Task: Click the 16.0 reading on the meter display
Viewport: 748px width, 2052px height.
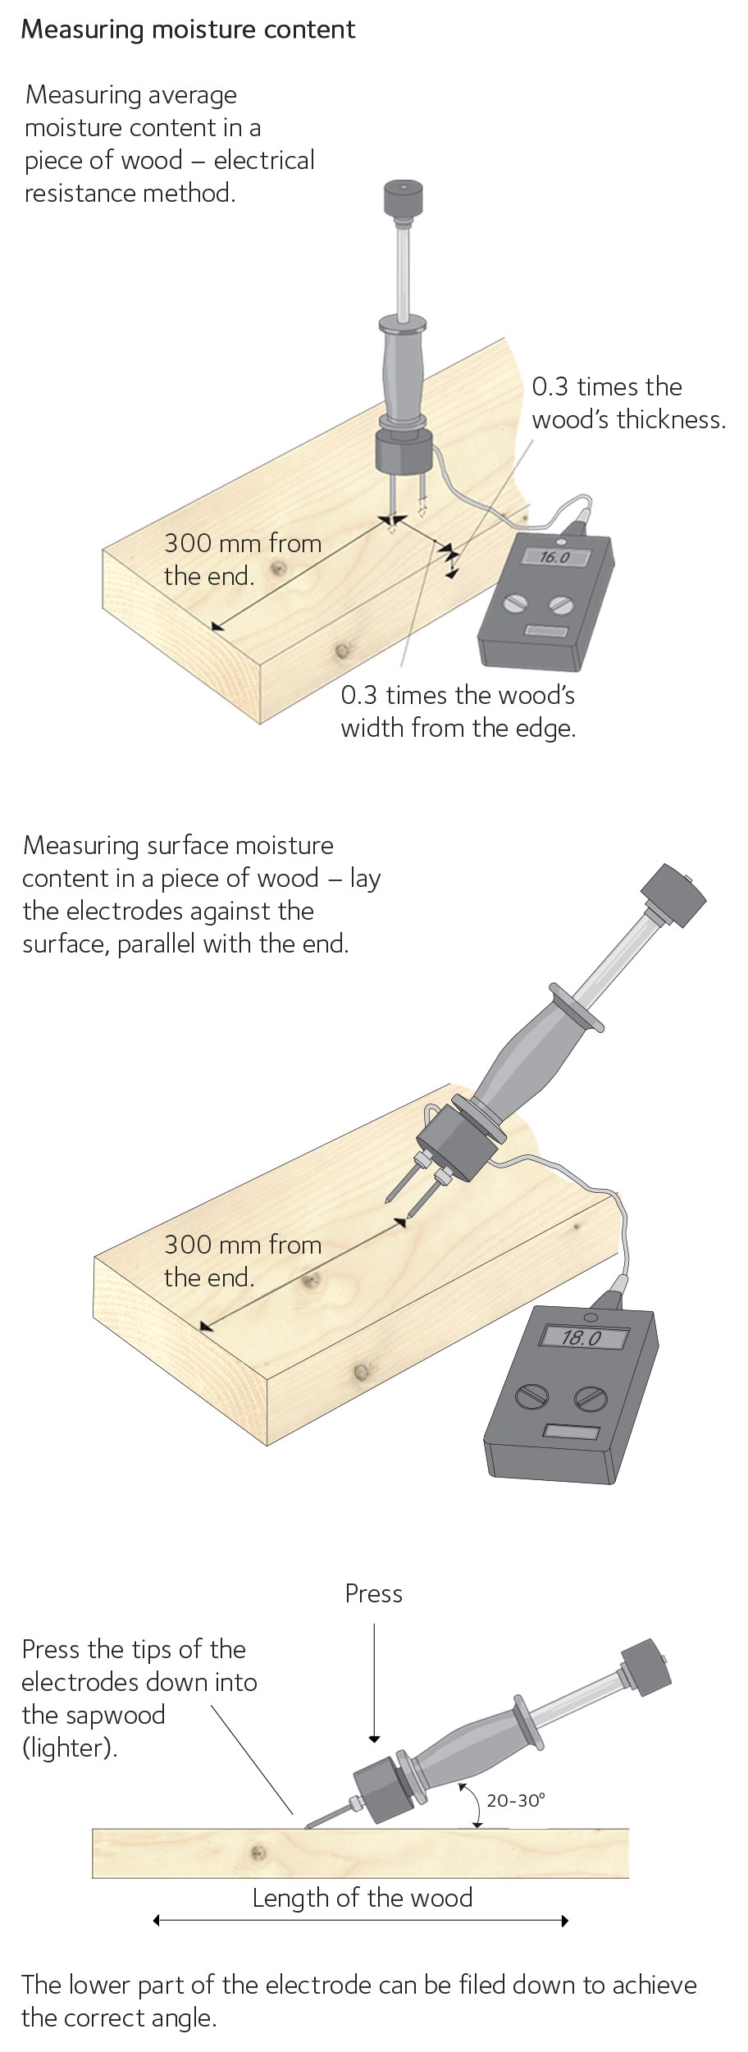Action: [x=554, y=557]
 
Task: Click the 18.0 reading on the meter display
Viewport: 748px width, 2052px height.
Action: [x=582, y=1338]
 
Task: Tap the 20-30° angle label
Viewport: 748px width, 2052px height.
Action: [x=516, y=1801]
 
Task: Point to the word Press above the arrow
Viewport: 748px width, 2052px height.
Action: [x=374, y=1593]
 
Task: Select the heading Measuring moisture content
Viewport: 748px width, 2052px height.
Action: [x=188, y=30]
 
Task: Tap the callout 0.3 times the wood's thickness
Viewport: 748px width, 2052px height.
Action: [x=629, y=403]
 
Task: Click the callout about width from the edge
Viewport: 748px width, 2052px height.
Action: [x=458, y=711]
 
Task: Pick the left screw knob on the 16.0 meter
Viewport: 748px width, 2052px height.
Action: [x=516, y=602]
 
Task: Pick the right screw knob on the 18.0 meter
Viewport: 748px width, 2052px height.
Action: [x=591, y=1397]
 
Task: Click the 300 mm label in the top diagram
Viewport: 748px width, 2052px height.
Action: [x=243, y=559]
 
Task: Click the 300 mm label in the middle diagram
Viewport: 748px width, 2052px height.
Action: [x=243, y=1260]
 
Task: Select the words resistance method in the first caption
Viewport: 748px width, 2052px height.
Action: [x=130, y=194]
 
